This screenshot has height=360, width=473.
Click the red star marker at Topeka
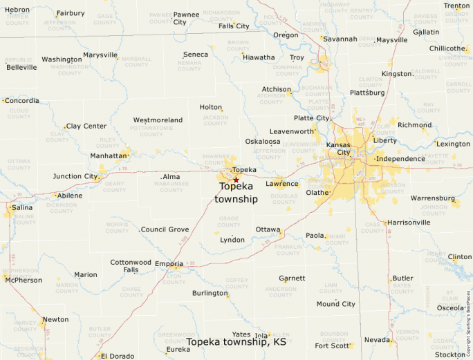point(236,180)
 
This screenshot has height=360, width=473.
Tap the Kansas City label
point(338,149)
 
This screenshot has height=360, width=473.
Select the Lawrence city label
point(282,184)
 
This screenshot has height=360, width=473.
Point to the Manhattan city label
point(109,156)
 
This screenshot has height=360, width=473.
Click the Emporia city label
point(169,264)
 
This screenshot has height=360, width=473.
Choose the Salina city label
point(21,207)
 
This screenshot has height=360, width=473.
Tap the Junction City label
point(75,176)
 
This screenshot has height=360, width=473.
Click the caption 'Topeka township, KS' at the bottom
point(236,341)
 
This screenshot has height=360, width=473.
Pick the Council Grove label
point(165,229)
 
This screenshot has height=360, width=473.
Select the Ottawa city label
point(268,229)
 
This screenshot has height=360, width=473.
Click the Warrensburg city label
point(433,198)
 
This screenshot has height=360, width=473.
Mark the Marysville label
point(100,55)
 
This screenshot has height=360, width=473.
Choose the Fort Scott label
point(332,345)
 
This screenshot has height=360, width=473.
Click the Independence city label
point(400,159)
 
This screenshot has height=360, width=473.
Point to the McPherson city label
point(23,280)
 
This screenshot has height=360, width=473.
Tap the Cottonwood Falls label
point(131,266)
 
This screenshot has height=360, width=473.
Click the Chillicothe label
point(447,48)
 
